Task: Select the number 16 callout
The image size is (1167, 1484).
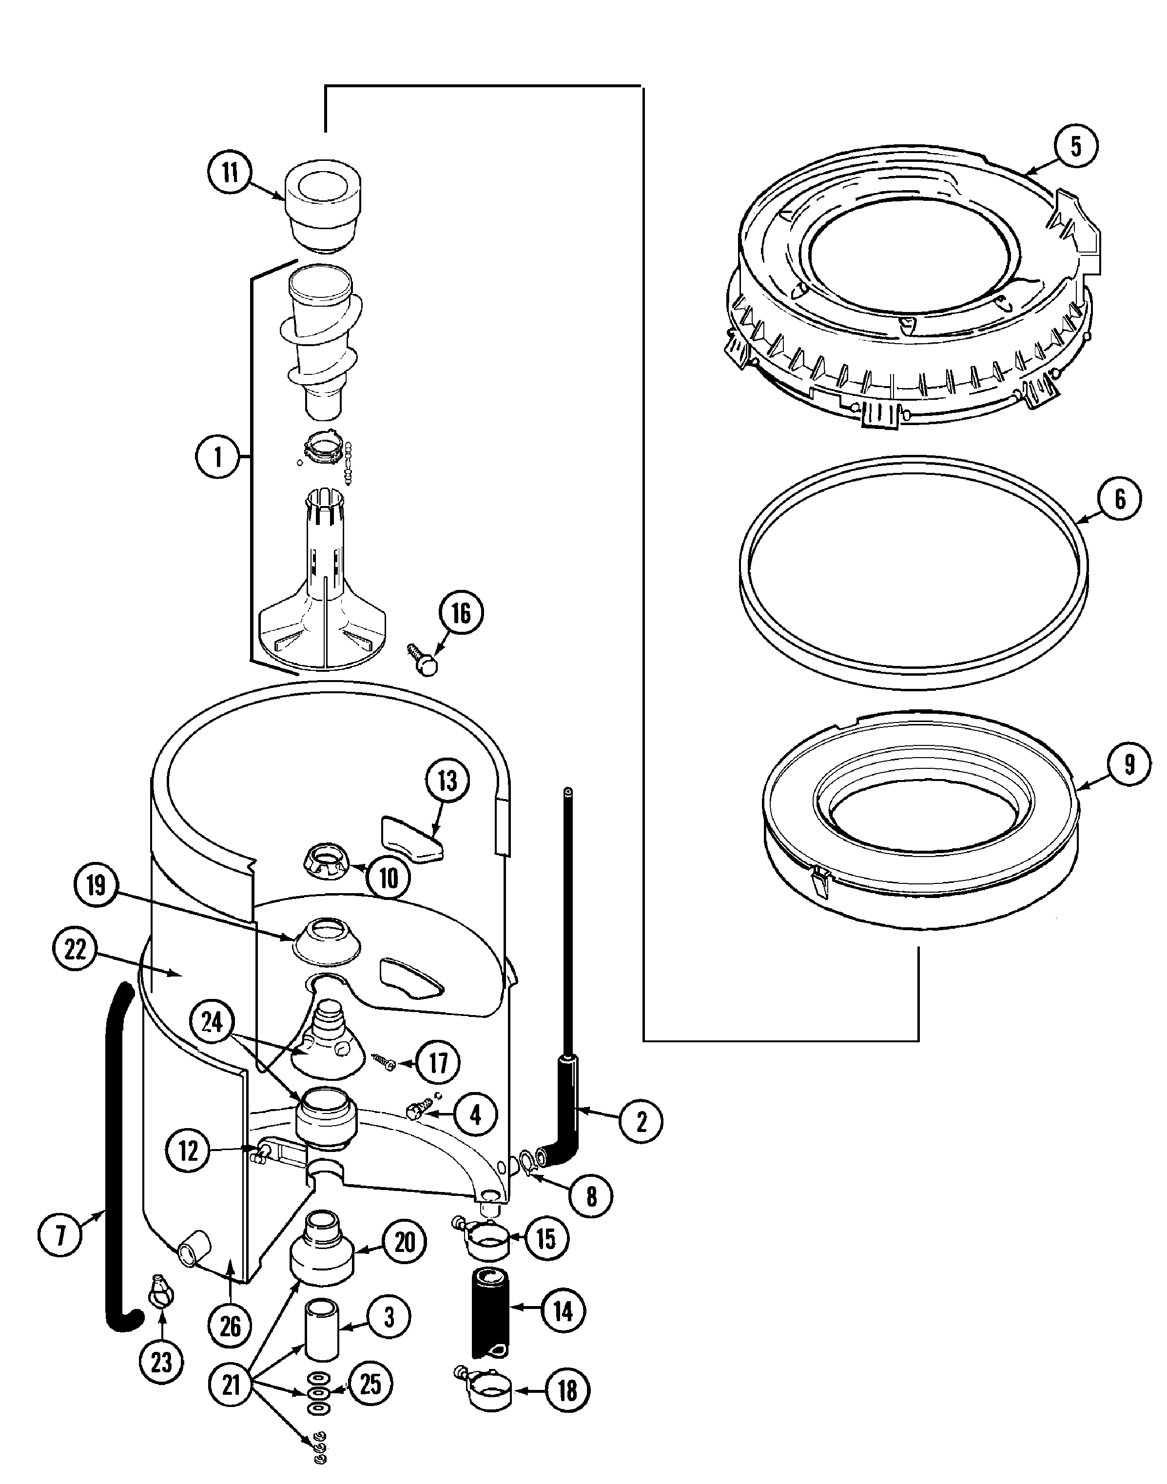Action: coord(461,614)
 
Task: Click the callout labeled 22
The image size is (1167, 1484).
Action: coord(75,949)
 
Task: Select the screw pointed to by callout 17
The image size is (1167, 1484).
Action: coord(383,1061)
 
